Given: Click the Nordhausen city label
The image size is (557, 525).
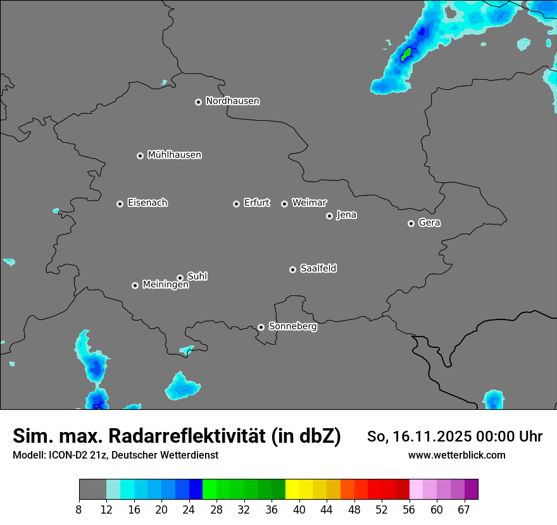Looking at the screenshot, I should tap(232, 101).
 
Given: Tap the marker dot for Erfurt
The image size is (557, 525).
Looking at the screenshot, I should tap(236, 204).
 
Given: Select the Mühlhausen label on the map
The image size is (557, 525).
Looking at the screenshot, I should tap(174, 155).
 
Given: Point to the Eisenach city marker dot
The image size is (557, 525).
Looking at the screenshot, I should tap(120, 204).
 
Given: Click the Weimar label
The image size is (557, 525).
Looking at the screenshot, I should tap(309, 203).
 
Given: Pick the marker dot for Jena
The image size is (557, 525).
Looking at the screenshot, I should tap(329, 216).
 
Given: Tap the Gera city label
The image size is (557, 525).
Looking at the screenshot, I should tap(429, 223).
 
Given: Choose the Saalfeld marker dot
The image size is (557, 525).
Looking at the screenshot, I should tap(292, 269).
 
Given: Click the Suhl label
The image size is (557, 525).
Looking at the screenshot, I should tap(197, 276).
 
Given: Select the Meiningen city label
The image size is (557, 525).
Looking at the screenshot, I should tap(165, 285).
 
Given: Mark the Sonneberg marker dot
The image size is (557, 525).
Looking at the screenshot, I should tap(261, 327).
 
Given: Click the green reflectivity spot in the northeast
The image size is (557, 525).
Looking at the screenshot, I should tap(406, 54).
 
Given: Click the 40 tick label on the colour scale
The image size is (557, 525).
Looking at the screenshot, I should tap(299, 510).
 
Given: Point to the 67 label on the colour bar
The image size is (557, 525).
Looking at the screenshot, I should tap(464, 510).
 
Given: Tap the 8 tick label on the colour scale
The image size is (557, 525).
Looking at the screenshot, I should tap(79, 510).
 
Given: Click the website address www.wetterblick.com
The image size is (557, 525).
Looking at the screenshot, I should tap(456, 455).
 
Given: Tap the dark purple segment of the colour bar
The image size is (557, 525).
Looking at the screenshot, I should tap(472, 490).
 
